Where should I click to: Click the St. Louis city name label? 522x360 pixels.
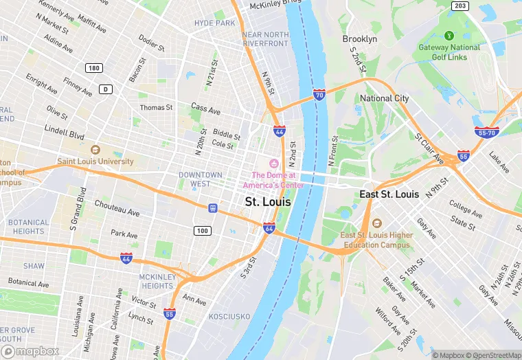tap(268, 202)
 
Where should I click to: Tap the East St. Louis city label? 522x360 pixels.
tap(389, 194)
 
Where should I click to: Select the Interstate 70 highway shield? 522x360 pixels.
tap(319, 95)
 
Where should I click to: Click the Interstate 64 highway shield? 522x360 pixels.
tap(269, 228)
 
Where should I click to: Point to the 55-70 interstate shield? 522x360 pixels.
tap(485, 132)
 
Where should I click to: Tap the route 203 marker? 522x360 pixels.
tap(459, 5)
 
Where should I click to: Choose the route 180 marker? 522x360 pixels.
tap(94, 67)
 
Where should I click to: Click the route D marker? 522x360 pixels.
tap(105, 89)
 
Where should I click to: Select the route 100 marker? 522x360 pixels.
tap(202, 230)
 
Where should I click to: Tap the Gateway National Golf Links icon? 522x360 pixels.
tap(450, 35)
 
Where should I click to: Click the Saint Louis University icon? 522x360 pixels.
tap(95, 150)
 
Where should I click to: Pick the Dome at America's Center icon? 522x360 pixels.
tap(274, 163)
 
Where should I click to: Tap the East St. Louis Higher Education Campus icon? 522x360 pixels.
tap(376, 223)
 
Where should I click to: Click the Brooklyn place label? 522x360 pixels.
tap(360, 39)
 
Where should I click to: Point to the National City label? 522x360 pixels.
tap(385, 98)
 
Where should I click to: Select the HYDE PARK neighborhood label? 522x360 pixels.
tap(214, 23)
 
